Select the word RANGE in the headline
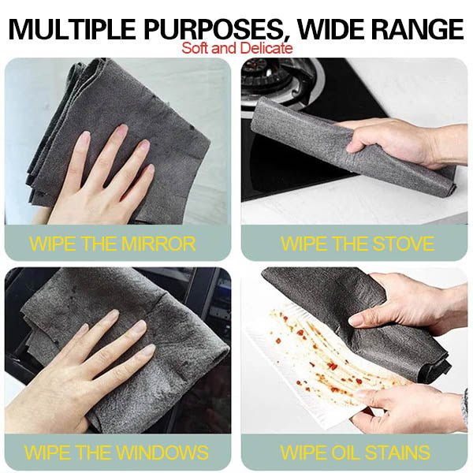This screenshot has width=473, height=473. [x=419, y=29]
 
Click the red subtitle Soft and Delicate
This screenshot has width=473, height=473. [x=236, y=48]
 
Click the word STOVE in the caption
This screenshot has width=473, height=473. [x=398, y=244]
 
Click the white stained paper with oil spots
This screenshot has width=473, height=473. [x=315, y=355]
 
